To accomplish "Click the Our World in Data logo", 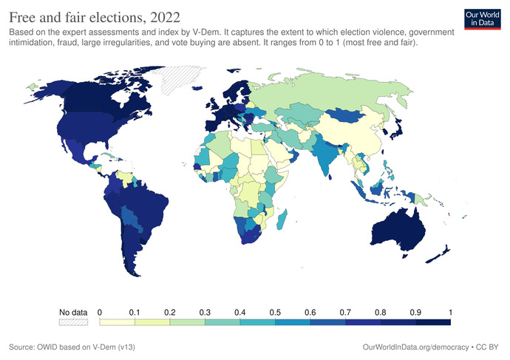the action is click(483, 19).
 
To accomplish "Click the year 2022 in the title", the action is click(166, 17).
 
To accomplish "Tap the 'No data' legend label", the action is click(73, 313).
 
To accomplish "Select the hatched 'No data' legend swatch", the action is click(73, 322).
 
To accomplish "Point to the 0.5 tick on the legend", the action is click(275, 313).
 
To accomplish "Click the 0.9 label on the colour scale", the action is click(415, 313).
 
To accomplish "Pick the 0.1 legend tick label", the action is click(135, 313).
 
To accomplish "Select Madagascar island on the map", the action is click(282, 220).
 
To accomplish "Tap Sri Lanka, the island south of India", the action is click(330, 177).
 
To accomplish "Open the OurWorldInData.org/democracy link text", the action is click(415, 347).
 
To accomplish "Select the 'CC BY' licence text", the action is click(487, 347).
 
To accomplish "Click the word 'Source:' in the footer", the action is click(21, 347).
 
